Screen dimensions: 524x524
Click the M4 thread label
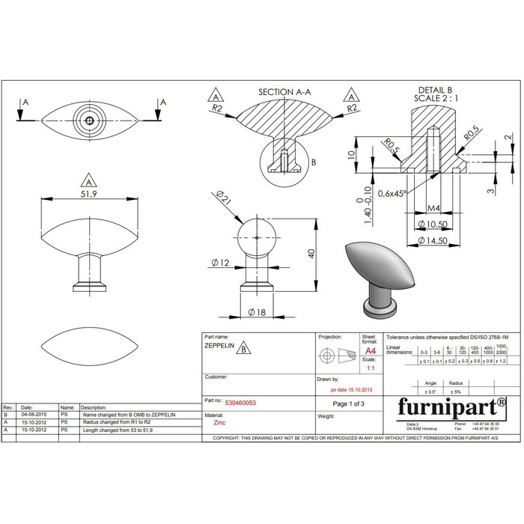tap(433, 207)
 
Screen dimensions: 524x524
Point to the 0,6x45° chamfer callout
tap(393, 193)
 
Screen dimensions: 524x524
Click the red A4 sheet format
tap(369, 350)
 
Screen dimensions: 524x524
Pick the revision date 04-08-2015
tap(34, 413)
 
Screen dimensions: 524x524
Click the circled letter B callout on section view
tap(314, 162)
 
